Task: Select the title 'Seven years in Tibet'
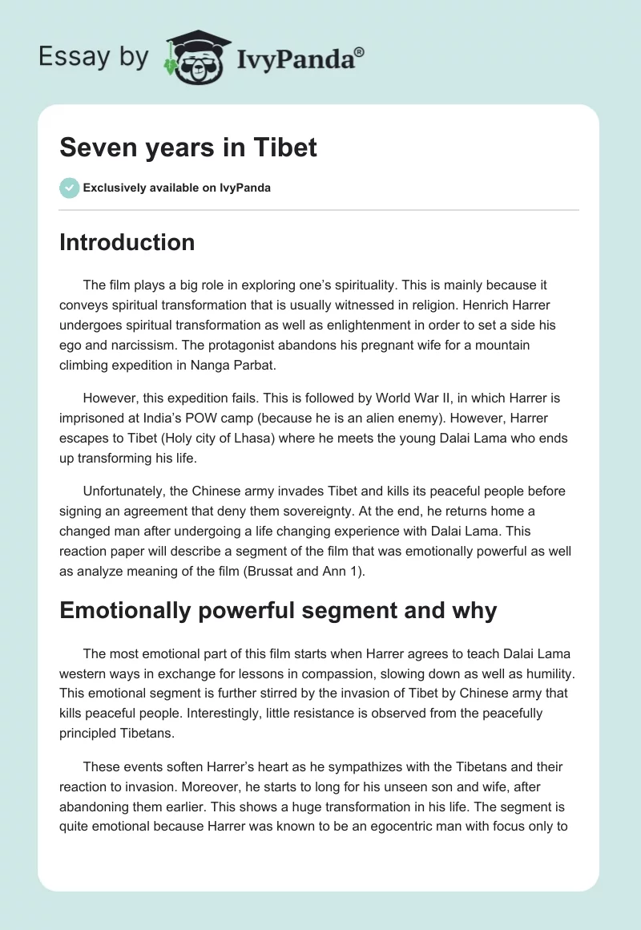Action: [188, 148]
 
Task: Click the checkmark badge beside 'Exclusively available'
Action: [69, 188]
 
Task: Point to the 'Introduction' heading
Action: [127, 242]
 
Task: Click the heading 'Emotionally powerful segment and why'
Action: [278, 611]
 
